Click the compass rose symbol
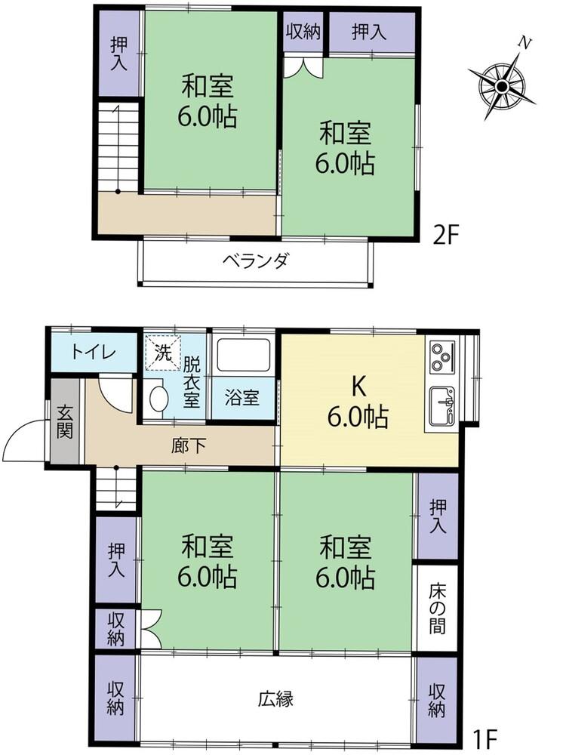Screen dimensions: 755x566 pos(503,85)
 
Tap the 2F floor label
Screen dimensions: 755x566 pos(445,236)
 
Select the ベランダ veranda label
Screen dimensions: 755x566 pos(256,262)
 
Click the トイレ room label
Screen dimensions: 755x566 pos(94,352)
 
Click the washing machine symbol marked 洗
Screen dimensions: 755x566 pos(163,352)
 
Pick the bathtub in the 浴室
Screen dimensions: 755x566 pos(244,355)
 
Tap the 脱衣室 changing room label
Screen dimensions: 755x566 pos(193,382)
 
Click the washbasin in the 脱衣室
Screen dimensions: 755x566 pos(158,399)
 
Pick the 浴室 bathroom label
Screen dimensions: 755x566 pos(243,398)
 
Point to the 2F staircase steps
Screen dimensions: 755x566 pos(118,148)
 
